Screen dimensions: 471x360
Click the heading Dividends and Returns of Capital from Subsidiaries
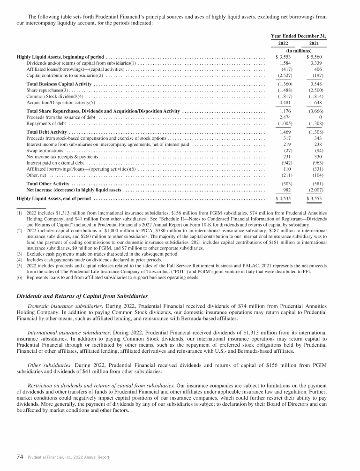82,296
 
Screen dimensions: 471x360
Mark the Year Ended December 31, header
299,36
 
